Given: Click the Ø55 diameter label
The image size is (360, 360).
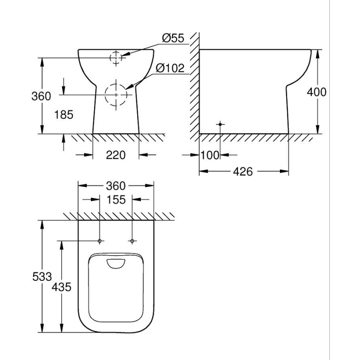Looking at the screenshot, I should click(173, 39).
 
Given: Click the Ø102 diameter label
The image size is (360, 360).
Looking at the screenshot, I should click(171, 68).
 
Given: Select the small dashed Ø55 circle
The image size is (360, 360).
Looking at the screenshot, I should click(116, 58).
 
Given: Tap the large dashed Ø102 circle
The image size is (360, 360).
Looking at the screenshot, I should click(116, 95).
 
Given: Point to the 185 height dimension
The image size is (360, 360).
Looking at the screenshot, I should click(64, 115).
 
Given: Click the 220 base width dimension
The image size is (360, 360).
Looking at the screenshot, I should click(116, 155).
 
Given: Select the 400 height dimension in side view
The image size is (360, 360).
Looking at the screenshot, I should click(316, 92).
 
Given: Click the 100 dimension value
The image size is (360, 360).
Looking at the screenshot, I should click(209, 155).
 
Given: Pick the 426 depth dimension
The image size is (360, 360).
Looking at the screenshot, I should click(243, 171).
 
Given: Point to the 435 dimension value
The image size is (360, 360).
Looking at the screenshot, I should click(62, 287).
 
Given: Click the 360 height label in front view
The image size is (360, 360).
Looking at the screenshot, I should click(41, 96).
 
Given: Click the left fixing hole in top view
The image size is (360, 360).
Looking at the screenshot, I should click(99, 241).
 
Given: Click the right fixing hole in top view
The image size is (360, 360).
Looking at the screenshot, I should click(132, 241).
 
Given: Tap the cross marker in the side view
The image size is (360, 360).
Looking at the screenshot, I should click(220, 124).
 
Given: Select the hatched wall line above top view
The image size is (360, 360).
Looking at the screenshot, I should click(117, 216).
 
